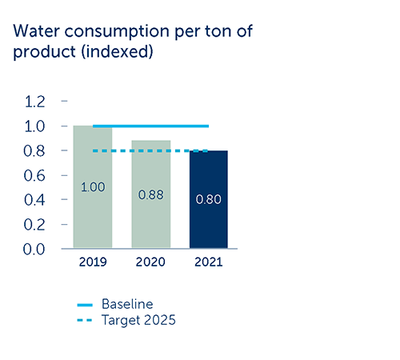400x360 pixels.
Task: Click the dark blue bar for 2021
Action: coord(209,199)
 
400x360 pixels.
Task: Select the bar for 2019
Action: coord(93,187)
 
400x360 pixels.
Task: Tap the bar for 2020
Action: coord(151,194)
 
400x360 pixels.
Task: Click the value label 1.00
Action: coord(93,187)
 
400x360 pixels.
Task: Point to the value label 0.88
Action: coord(151,194)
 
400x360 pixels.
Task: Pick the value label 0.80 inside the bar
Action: coord(209,199)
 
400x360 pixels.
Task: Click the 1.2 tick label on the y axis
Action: coord(34,102)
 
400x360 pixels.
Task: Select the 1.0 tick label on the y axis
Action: coord(34,126)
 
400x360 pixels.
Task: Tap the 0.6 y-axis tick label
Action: coord(34,176)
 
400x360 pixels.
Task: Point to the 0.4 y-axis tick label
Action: coord(34,200)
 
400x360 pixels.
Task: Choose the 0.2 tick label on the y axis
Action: coord(34,225)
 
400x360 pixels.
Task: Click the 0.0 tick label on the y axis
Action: coord(34,250)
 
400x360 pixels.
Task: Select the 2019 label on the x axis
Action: coord(93,262)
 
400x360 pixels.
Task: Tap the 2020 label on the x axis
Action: coord(150,262)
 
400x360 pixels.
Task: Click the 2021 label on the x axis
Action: coord(209,262)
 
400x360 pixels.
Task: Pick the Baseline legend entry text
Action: coord(127,304)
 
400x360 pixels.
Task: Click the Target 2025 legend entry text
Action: coord(138,320)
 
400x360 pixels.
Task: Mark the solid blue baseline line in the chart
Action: coord(150,126)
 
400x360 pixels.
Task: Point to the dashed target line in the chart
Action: coord(150,151)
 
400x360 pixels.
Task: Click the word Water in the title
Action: coord(36,31)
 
